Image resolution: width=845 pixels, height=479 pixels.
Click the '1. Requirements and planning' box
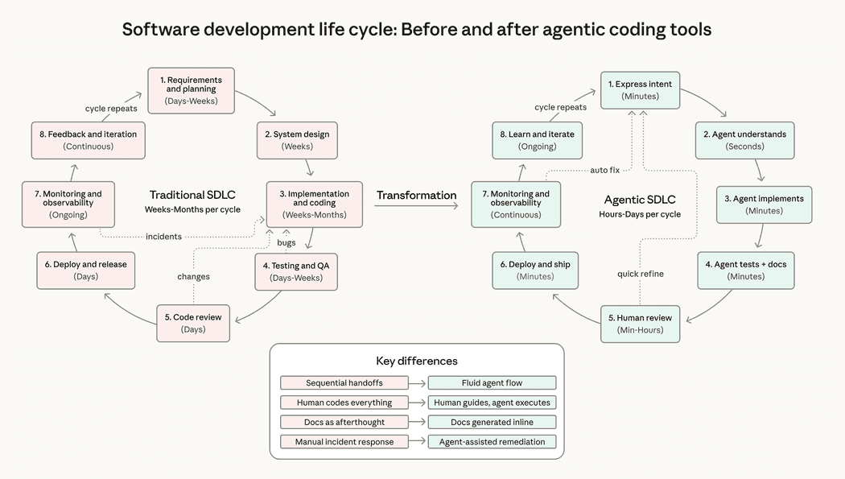point(190,90)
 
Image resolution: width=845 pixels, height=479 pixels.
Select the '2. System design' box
point(297,140)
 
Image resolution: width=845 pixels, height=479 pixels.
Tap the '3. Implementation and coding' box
point(314,204)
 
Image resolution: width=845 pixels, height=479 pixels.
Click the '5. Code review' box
point(192,323)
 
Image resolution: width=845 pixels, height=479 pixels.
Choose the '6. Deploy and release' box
point(85,270)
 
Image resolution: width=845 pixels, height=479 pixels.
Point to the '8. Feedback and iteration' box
point(88,140)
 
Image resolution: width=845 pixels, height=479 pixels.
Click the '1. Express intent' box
point(640,90)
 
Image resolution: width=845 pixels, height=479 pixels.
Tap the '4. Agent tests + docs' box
point(746,270)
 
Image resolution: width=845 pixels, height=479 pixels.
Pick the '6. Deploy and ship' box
point(535,270)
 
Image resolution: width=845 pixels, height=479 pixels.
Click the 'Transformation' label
point(416,196)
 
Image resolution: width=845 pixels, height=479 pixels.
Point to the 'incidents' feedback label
point(163,237)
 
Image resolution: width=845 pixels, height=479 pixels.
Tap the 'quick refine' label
point(641,274)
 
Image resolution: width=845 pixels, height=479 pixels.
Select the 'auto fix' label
point(604,170)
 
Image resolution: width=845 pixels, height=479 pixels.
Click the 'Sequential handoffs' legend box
point(344,383)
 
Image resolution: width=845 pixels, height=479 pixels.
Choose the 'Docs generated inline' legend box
point(492,422)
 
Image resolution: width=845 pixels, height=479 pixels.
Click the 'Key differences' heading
point(416,361)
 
